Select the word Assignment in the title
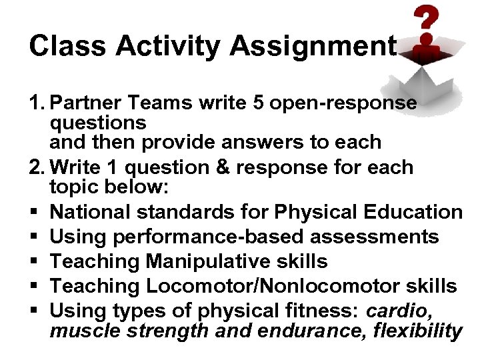313,47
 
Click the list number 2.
36,167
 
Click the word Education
413,213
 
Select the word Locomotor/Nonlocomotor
266,286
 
